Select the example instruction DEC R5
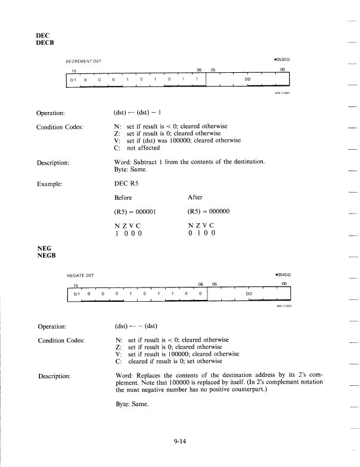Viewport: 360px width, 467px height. [128, 171]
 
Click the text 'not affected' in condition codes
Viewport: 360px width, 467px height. [147, 148]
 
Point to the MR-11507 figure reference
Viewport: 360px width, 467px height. [282, 93]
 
